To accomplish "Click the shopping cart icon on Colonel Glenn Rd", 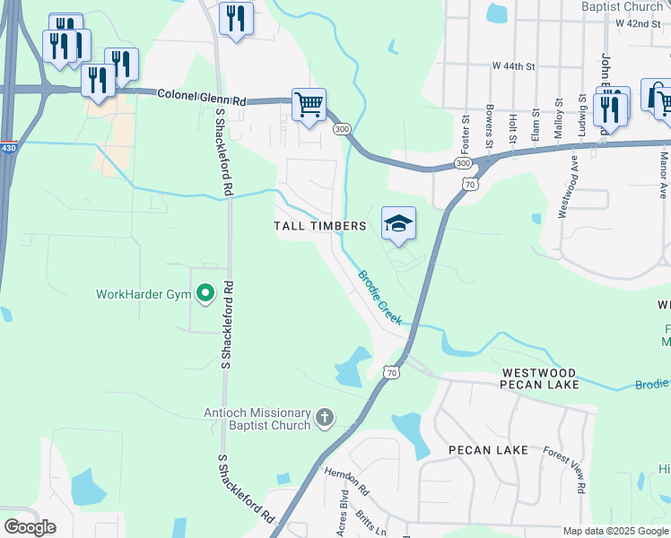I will pos(309,105).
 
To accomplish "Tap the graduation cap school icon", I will pos(398,222).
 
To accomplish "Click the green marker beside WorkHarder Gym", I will pos(205,292).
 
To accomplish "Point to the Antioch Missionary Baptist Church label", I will pos(256,419).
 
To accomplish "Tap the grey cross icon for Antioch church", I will pos(325,418).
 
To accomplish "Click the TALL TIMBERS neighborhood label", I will pos(319,226).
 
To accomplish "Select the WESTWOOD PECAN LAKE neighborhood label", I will pos(539,377).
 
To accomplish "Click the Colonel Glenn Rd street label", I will pos(202,96).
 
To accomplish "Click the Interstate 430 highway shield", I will pos(8,147).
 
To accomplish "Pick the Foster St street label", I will pos(466,129).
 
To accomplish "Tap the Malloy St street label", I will pos(558,117).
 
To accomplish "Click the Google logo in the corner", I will pos(30,526).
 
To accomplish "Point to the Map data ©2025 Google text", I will pos(614,531).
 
